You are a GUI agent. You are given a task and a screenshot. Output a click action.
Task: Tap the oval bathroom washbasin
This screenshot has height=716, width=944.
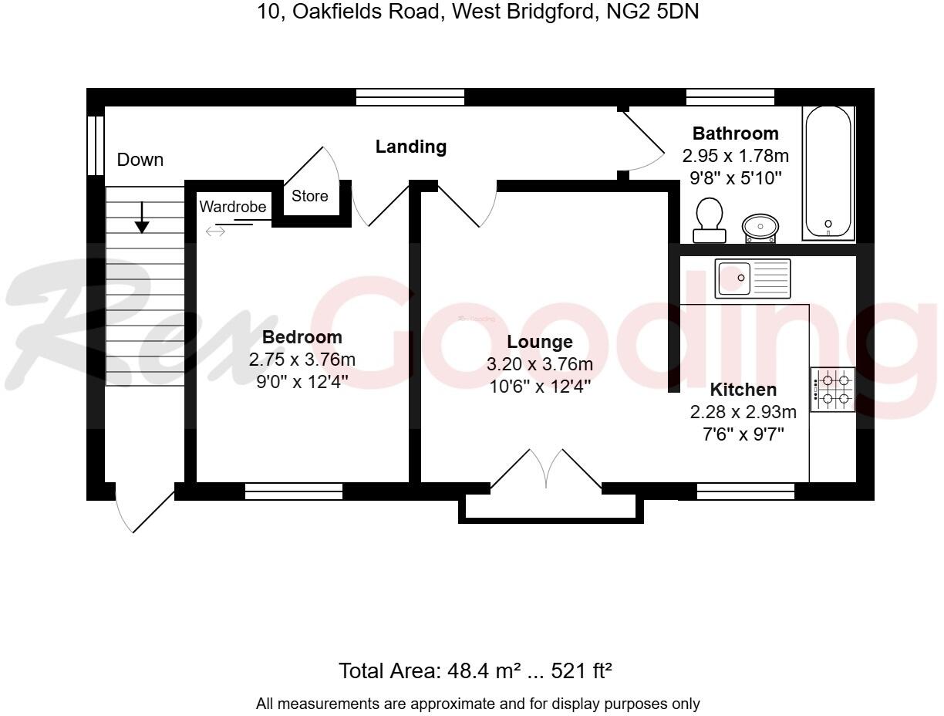coord(760,228)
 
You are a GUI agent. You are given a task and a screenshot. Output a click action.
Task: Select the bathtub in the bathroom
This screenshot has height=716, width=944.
coord(828,172)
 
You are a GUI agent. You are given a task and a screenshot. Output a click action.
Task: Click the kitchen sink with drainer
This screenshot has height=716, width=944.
coord(753,278)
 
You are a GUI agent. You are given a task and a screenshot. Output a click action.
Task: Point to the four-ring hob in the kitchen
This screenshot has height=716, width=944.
coord(833,390)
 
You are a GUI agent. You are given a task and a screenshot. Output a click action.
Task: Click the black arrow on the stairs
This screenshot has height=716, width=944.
coord(142,217)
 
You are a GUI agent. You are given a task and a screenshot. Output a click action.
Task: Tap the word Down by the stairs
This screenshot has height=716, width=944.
coord(140,160)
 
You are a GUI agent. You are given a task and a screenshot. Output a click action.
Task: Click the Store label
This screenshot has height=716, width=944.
coord(309,196)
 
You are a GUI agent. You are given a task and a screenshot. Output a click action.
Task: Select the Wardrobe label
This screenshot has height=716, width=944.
coord(233,207)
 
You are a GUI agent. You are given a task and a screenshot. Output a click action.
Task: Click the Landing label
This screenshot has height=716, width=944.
coord(411,146)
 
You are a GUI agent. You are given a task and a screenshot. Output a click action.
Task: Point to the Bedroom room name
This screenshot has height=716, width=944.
coord(302,337)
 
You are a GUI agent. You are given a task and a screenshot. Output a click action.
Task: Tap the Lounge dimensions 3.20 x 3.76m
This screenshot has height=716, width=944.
coord(540,364)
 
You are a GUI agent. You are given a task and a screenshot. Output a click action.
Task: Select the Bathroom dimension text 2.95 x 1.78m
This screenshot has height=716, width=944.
coord(736,156)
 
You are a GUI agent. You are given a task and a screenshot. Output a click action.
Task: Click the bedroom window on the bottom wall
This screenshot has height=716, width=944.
coord(294,491)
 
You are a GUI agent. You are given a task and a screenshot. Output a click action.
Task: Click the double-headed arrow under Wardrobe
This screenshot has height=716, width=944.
coord(215,231)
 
